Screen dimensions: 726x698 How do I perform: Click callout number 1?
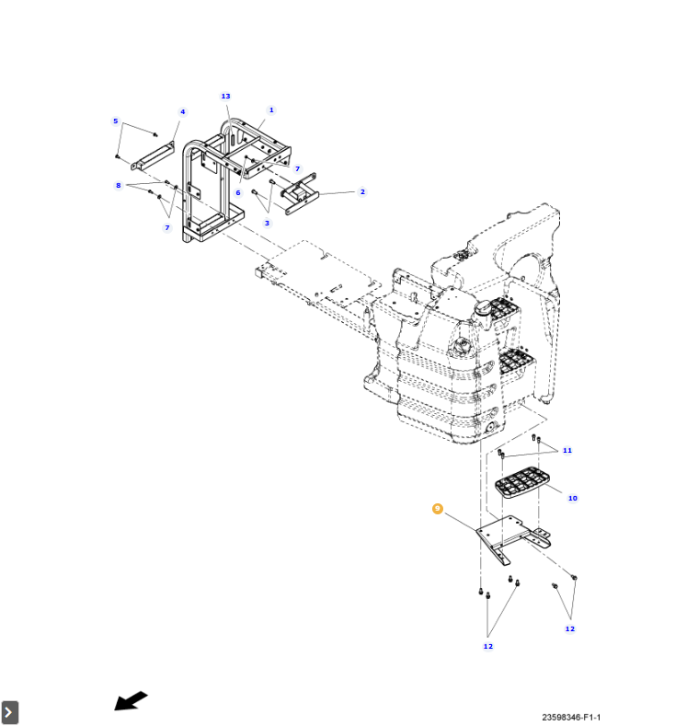click(271, 110)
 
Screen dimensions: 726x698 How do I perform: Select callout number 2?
click(362, 192)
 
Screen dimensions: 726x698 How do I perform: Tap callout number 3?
click(268, 224)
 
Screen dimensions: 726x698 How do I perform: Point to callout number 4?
click(182, 112)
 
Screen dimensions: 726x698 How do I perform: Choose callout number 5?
click(116, 121)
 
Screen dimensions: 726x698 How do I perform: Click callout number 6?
click(237, 193)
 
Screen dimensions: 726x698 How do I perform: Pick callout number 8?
click(119, 186)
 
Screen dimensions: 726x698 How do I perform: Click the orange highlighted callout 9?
click(438, 509)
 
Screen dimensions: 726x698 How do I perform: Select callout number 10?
click(572, 499)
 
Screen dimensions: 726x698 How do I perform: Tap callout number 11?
click(567, 451)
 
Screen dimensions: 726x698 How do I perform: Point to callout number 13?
click(225, 97)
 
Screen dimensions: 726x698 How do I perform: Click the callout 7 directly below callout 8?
click(166, 228)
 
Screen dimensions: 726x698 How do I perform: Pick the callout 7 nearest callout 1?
click(297, 169)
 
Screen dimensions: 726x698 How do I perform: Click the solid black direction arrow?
click(131, 701)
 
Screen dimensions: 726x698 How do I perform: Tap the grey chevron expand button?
click(9, 712)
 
